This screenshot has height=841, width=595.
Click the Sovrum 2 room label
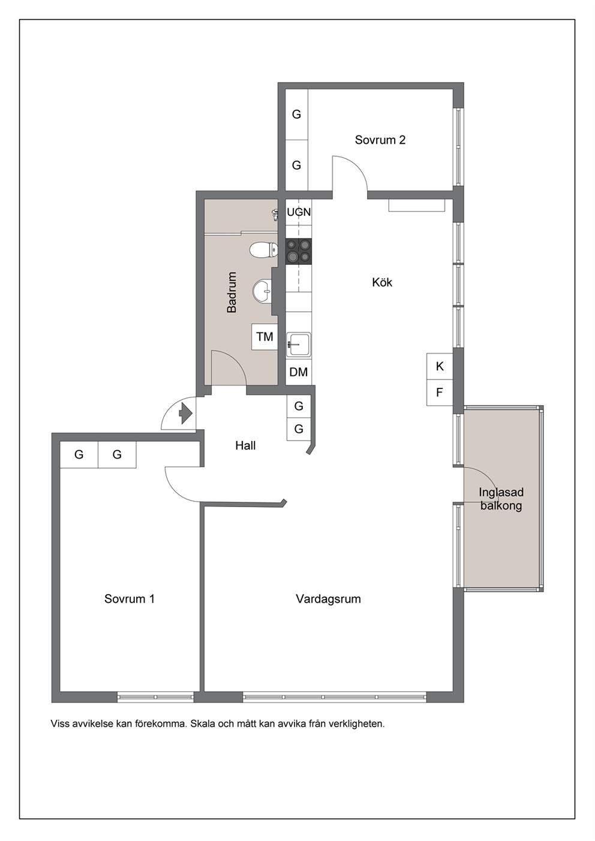coord(380,140)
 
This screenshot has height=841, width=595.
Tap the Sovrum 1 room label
coord(129,598)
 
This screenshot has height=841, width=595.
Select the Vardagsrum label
coord(328,599)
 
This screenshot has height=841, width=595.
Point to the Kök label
coord(382,282)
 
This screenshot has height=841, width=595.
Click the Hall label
coord(245,445)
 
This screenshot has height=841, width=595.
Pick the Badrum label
coord(232,293)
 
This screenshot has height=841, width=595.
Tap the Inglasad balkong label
coord(501,499)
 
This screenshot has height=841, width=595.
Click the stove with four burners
coord(299,251)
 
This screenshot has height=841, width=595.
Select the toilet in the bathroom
coord(264,250)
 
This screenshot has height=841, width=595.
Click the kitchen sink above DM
coord(299,344)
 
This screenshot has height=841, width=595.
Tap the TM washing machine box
coord(265,337)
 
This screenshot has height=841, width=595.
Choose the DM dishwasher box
coord(299,372)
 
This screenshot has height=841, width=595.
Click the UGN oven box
coord(299,212)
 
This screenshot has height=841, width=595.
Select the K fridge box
coord(440,366)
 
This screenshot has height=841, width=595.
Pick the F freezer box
coord(440,393)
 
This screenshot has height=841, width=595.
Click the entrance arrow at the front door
coord(186,414)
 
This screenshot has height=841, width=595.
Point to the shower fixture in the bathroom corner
coord(275,215)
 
